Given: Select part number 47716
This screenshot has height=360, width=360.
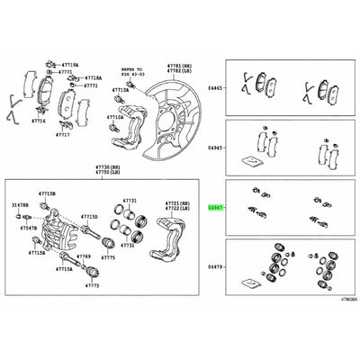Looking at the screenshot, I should pyautogui.click(x=39, y=120).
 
